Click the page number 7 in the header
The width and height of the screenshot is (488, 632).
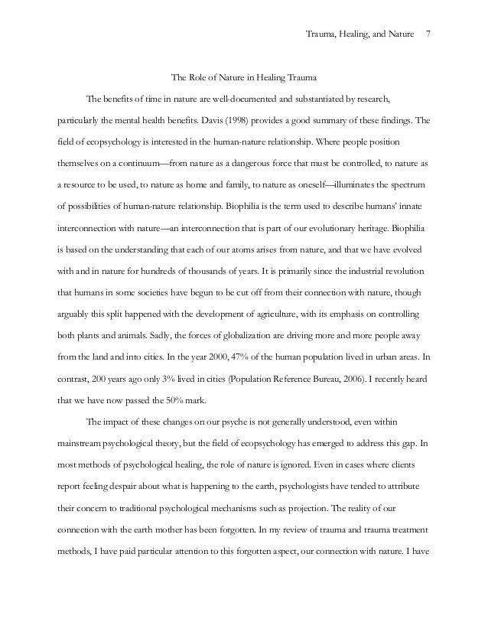pyautogui.click(x=428, y=34)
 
